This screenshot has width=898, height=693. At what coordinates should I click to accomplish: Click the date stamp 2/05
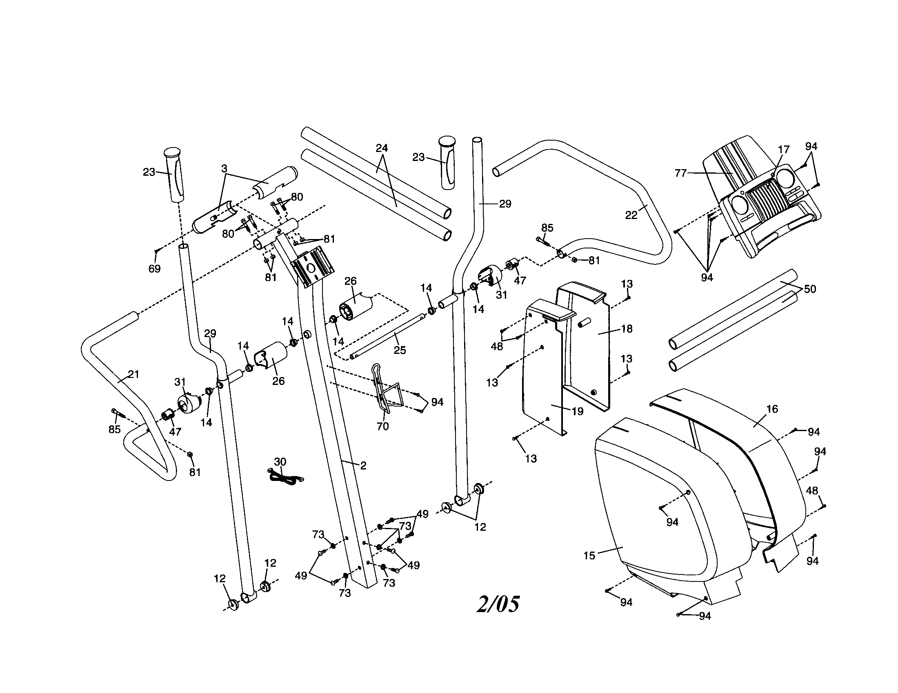(498, 604)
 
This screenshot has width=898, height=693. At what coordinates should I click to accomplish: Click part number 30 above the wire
(280, 462)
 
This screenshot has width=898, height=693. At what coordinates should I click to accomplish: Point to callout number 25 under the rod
(400, 350)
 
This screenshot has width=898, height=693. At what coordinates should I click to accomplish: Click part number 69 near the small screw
(154, 269)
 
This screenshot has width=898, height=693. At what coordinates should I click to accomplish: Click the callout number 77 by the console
(681, 173)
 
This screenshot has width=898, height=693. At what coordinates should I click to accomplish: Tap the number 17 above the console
(784, 150)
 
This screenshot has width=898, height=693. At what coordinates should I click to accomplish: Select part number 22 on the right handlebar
(631, 215)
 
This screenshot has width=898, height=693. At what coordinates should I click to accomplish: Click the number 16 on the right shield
(772, 409)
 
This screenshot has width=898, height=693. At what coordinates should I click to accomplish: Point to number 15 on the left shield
(589, 556)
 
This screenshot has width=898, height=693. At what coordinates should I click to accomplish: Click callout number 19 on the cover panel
(578, 411)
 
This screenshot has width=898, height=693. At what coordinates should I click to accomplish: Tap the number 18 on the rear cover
(627, 329)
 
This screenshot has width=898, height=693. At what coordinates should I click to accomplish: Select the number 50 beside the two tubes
(809, 289)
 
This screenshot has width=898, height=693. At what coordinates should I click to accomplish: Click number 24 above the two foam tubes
(382, 148)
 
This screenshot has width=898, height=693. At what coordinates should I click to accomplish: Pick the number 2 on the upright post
(363, 465)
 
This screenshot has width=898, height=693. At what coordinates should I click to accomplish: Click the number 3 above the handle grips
(224, 168)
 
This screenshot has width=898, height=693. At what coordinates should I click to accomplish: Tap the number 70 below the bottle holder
(382, 426)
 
